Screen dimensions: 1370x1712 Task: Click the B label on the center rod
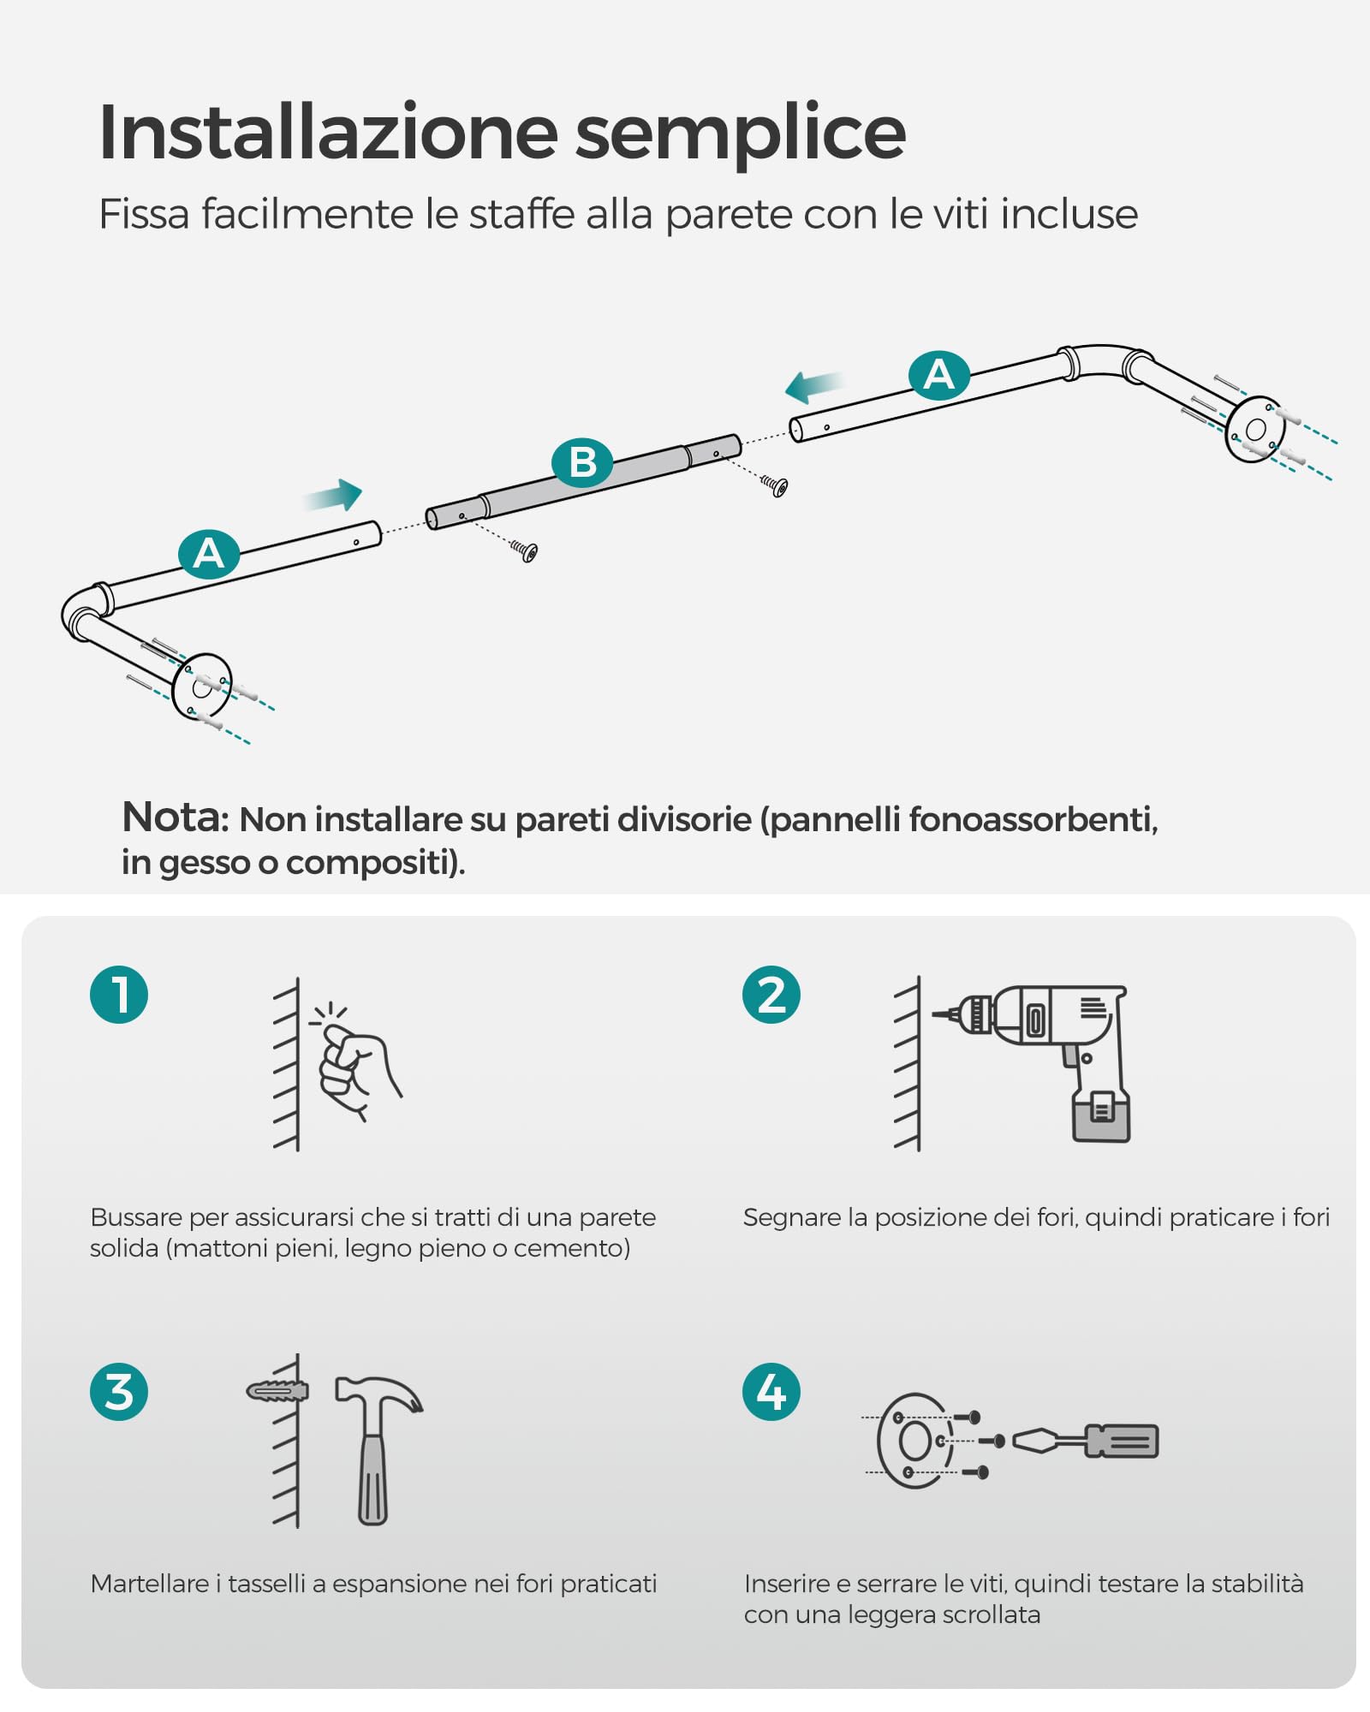pyautogui.click(x=582, y=462)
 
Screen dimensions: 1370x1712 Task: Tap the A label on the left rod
pyautogui.click(x=209, y=554)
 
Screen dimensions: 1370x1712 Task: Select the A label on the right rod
pyautogui.click(x=939, y=375)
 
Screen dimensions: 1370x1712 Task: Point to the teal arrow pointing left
pyautogui.click(x=814, y=386)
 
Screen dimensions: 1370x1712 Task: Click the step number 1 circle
pyautogui.click(x=119, y=995)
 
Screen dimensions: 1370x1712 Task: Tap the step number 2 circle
pyautogui.click(x=771, y=995)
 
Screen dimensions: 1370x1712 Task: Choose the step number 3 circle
pyautogui.click(x=119, y=1392)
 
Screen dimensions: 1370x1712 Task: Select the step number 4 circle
pyautogui.click(x=771, y=1392)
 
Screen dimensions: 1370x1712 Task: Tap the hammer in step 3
pyautogui.click(x=377, y=1449)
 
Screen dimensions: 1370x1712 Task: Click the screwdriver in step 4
pyautogui.click(x=1085, y=1442)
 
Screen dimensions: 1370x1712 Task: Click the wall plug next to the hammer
pyautogui.click(x=277, y=1391)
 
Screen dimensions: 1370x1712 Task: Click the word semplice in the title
pyautogui.click(x=741, y=134)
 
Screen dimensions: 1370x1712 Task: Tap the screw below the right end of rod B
pyautogui.click(x=774, y=486)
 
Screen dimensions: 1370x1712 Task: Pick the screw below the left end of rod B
pyautogui.click(x=524, y=551)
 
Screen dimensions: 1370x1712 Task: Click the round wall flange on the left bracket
pyautogui.click(x=201, y=686)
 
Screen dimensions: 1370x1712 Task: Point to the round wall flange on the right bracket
pyautogui.click(x=1255, y=430)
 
